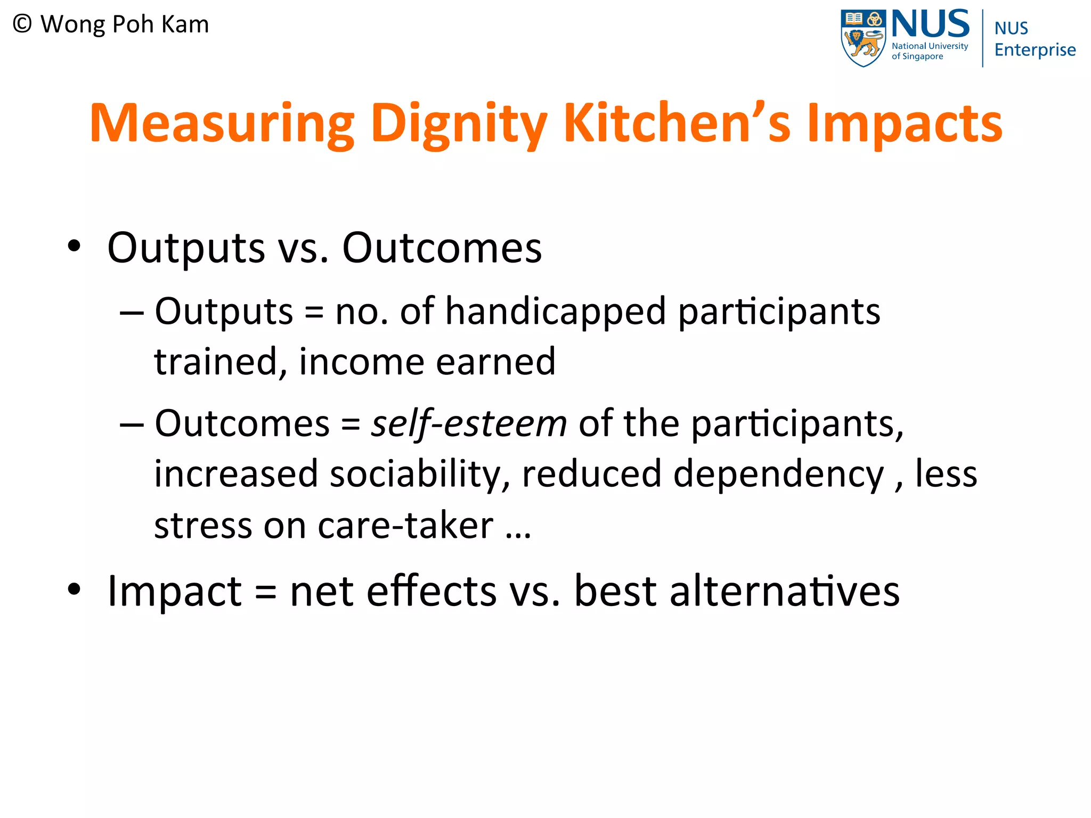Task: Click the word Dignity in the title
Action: click(458, 124)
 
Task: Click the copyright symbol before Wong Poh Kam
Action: click(22, 24)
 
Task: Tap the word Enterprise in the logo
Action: click(1035, 50)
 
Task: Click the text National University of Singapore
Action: click(930, 51)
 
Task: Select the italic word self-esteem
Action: click(469, 424)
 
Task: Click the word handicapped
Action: click(556, 311)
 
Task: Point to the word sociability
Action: click(416, 474)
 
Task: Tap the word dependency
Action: click(778, 474)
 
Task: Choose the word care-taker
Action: click(405, 525)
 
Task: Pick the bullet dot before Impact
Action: click(74, 589)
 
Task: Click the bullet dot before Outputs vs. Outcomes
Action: click(74, 246)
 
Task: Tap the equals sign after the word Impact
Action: click(266, 592)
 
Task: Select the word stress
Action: click(202, 525)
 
